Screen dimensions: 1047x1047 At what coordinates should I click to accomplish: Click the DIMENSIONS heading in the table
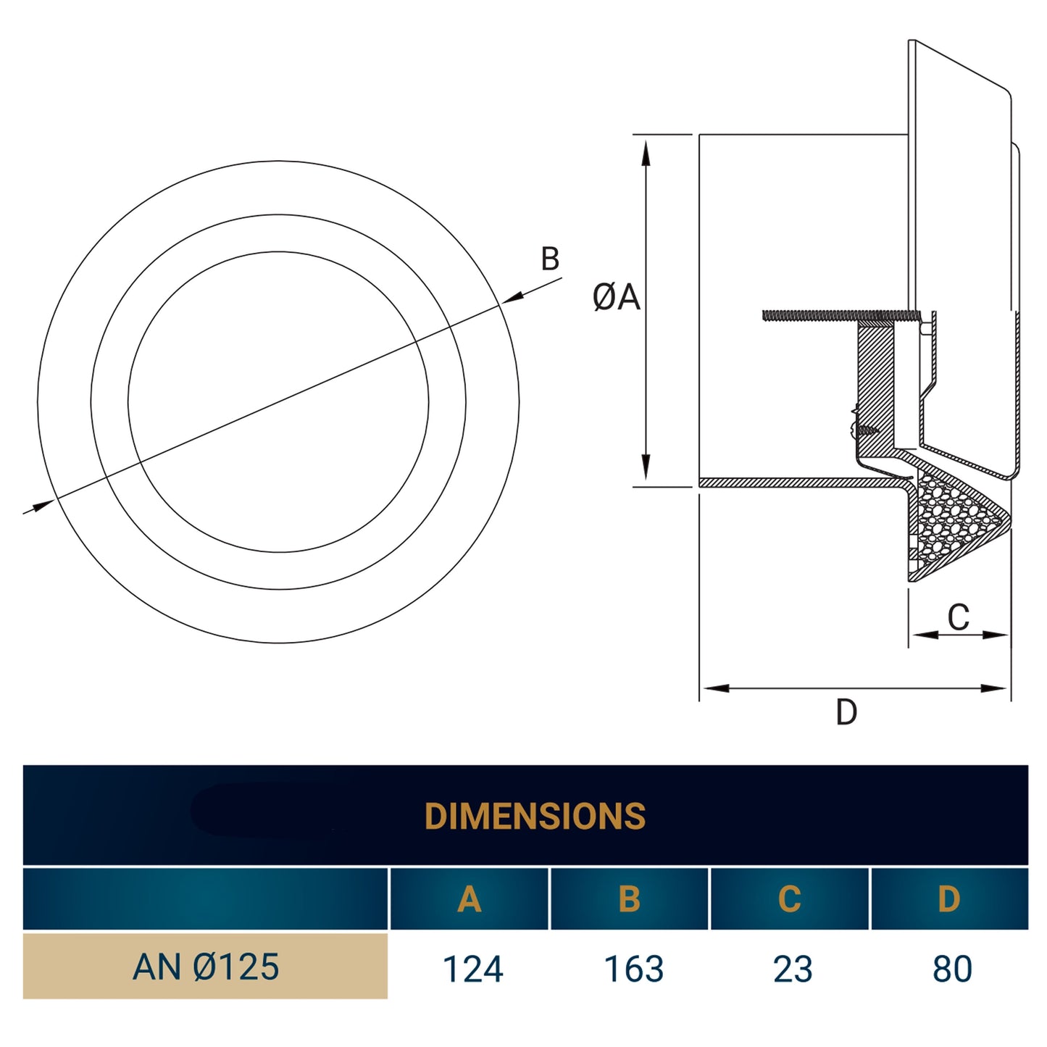535,816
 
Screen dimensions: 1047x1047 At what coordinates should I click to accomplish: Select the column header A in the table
469,899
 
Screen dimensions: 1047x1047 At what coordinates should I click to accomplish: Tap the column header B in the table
629,899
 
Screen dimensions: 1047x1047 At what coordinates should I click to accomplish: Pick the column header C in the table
789,899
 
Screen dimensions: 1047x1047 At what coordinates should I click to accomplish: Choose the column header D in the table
948,899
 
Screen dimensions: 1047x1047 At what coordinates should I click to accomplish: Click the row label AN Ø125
206,967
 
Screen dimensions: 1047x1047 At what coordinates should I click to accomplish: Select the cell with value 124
472,969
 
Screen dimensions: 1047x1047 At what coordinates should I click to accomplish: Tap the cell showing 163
634,969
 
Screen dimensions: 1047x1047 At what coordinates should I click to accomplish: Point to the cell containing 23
793,969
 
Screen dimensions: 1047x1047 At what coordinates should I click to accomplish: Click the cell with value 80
952,969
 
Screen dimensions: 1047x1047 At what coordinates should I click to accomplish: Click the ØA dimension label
616,297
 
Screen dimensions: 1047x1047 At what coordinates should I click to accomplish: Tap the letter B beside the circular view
550,259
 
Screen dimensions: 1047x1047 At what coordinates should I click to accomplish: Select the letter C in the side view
958,617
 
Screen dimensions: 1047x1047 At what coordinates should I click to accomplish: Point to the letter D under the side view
846,712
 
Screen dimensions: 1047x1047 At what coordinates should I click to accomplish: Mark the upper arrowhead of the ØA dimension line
646,151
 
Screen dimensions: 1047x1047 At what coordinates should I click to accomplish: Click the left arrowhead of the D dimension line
714,688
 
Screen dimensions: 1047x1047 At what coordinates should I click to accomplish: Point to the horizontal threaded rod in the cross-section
833,315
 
